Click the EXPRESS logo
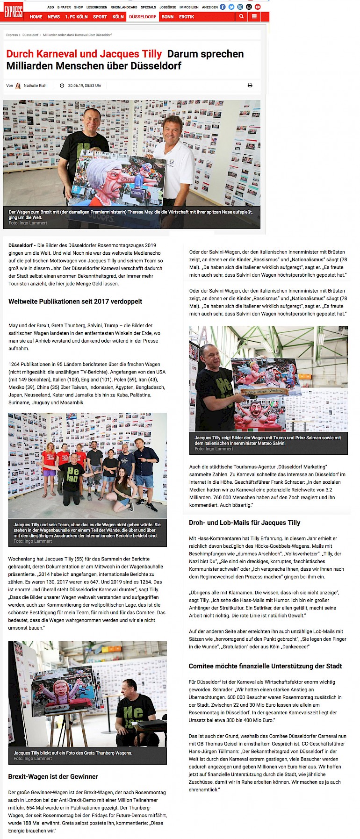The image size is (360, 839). [13, 12]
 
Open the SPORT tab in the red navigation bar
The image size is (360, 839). [100, 17]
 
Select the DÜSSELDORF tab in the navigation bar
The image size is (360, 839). [143, 17]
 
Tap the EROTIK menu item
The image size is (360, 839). [186, 17]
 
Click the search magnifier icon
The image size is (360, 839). [241, 16]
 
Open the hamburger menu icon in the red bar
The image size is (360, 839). [254, 16]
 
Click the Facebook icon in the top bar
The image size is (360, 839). [223, 7]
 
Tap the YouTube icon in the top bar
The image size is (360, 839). [258, 7]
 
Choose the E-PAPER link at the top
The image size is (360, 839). [64, 7]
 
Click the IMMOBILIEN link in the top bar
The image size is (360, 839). [189, 7]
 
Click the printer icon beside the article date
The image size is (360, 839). [250, 85]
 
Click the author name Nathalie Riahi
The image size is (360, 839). [36, 86]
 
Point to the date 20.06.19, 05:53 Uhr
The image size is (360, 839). [84, 86]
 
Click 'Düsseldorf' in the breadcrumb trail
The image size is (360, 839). [30, 35]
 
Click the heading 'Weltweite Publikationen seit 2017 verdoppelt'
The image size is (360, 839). [75, 301]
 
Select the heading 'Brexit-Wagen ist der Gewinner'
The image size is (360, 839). [53, 776]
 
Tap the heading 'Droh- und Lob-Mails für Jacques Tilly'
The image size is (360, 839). [245, 523]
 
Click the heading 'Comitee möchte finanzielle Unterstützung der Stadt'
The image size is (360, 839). [265, 666]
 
